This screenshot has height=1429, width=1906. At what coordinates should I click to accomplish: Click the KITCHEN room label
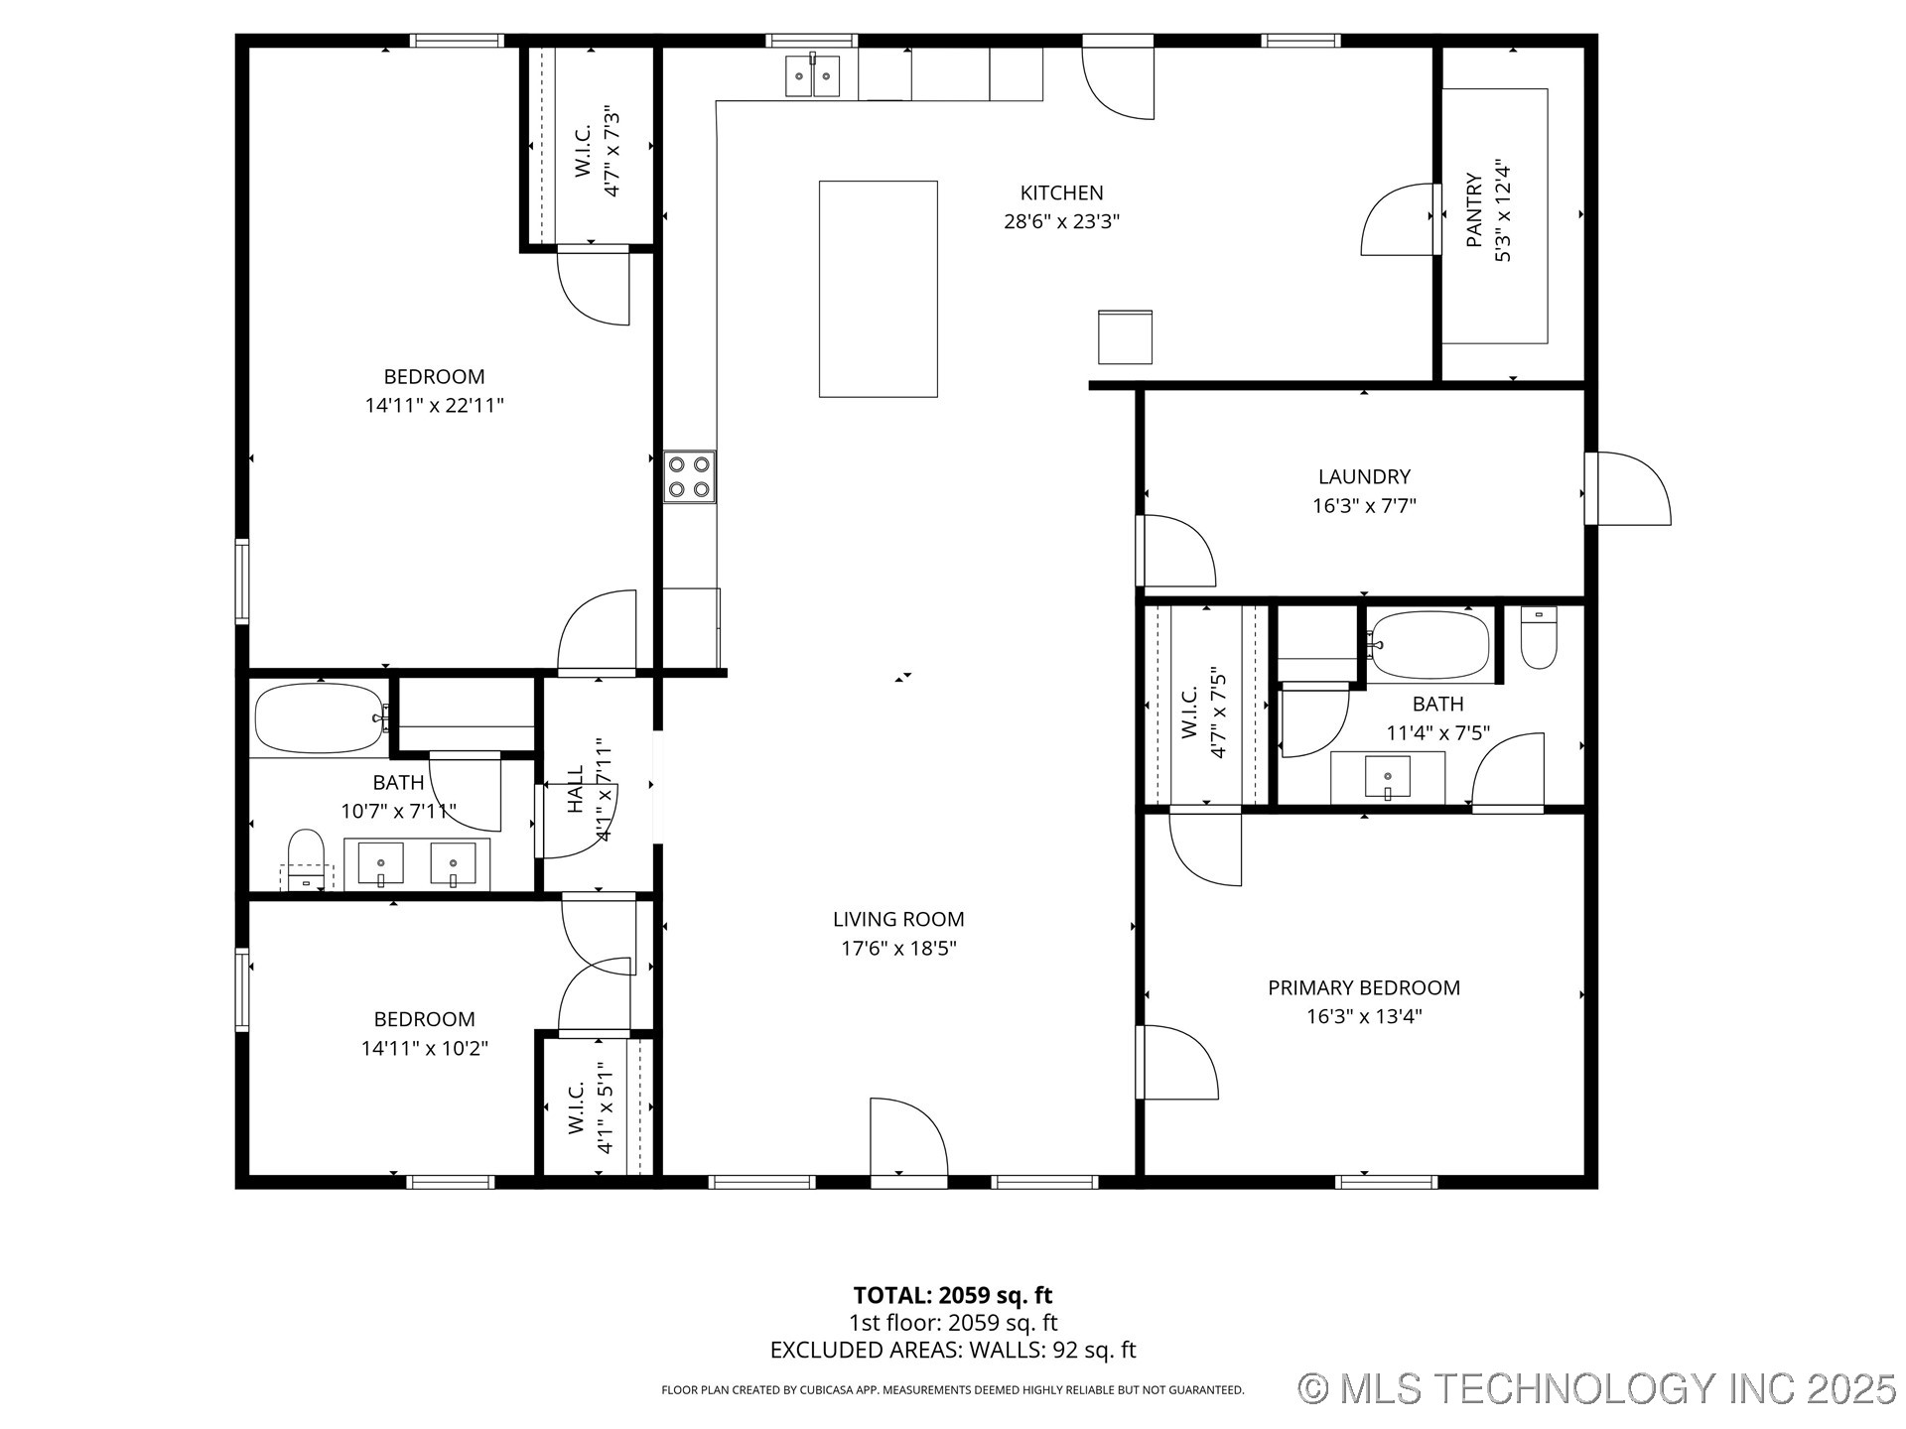pos(1061,193)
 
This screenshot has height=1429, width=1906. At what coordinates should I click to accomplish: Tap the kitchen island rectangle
pos(878,289)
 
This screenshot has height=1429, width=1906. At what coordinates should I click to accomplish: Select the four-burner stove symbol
pos(689,476)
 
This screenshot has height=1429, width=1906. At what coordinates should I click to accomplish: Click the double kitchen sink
pos(812,76)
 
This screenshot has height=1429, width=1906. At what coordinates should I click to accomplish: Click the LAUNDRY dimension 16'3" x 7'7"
pos(1364,506)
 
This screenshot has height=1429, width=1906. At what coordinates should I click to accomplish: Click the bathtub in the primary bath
pos(1429,644)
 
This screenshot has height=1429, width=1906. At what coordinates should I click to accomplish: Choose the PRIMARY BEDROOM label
pos(1364,987)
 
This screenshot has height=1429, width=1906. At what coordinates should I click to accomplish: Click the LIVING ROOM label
pos(898,919)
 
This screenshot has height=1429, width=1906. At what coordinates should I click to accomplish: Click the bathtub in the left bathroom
pos(319,717)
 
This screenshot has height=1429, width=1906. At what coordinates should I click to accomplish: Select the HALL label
pos(576,789)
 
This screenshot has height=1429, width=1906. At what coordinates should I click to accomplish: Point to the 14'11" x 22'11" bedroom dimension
pos(434,405)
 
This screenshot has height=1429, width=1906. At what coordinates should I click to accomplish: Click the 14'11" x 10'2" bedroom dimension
pos(424,1048)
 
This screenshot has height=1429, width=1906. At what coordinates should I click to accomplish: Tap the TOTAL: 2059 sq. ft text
pos(952,1295)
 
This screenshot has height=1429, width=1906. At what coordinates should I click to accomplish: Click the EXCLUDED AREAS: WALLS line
pos(952,1350)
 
